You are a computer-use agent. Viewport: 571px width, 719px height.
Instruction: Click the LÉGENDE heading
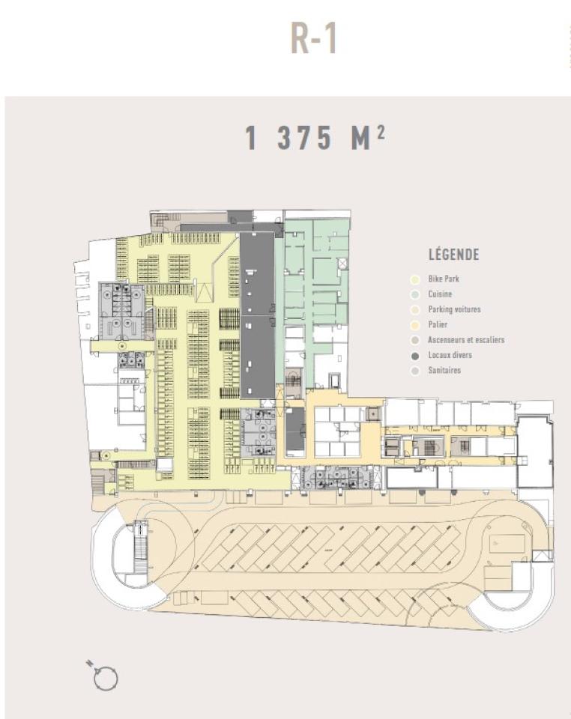[453, 255]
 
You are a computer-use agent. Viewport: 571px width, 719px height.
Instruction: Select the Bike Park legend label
[443, 279]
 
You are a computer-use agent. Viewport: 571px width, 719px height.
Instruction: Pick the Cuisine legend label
[440, 294]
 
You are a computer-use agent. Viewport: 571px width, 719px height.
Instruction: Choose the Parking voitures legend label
[454, 309]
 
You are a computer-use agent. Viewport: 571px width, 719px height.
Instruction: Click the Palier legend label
[438, 324]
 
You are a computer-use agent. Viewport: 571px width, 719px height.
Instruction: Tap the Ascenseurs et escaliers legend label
[465, 340]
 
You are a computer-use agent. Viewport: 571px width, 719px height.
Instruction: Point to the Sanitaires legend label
[444, 370]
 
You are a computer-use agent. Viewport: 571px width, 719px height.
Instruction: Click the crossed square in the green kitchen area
[342, 264]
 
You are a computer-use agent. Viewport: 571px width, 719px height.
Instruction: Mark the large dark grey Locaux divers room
[256, 315]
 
